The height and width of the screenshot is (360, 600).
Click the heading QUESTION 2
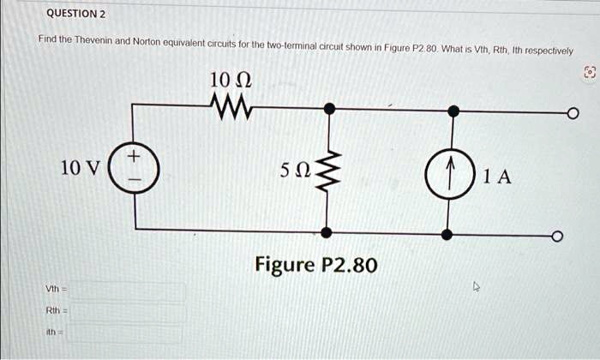75,14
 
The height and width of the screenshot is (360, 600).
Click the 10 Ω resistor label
230,83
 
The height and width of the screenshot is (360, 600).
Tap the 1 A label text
497,177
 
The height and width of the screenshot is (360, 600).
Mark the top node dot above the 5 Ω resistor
328,109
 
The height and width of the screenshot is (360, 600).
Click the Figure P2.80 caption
315,264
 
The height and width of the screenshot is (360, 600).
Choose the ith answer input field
129,333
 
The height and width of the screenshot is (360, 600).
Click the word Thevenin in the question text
90,40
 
